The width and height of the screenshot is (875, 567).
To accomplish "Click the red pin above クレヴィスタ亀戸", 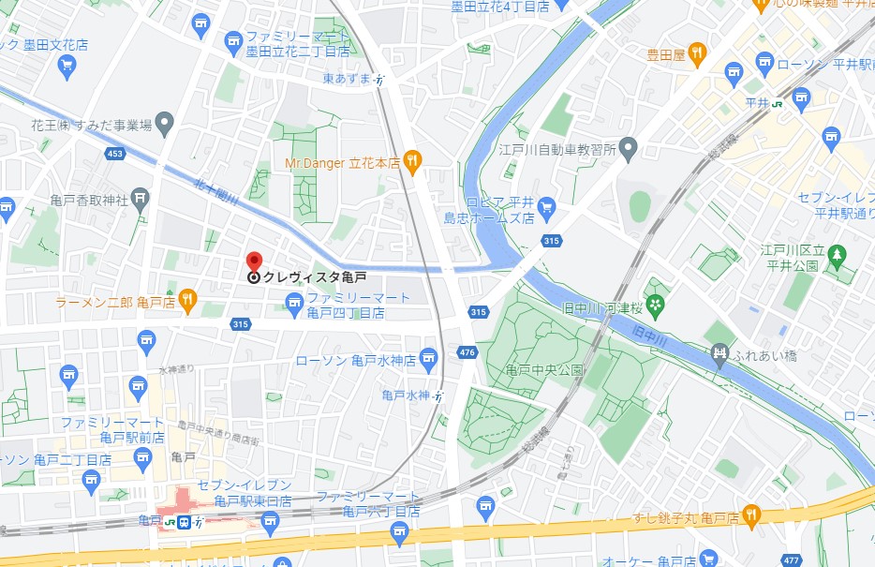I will click(x=253, y=261).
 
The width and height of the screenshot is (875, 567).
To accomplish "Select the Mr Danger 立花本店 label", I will click(x=342, y=162).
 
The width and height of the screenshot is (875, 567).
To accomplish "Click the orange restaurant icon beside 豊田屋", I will click(x=697, y=54).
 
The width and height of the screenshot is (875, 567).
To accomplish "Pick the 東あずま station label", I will click(x=347, y=79).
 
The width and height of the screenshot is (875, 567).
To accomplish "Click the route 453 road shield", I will click(x=115, y=154).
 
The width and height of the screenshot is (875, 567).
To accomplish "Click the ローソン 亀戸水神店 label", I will click(x=355, y=360).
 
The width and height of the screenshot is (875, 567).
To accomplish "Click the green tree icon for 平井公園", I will click(x=837, y=254).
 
